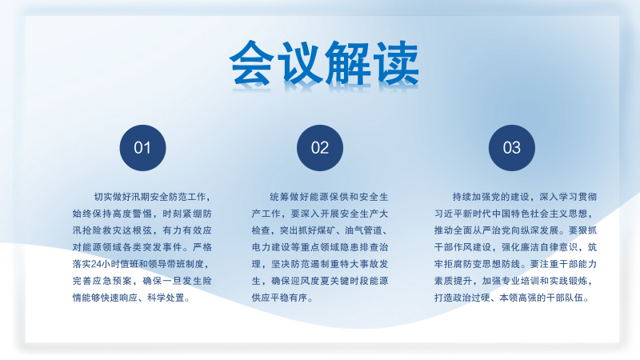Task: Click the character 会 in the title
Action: [252, 63]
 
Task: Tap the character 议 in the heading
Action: [298, 63]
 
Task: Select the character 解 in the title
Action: [348, 63]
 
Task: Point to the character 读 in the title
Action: [396, 63]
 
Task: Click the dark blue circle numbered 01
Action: [142, 148]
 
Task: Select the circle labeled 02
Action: [319, 148]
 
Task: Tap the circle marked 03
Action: [511, 148]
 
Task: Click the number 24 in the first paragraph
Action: [96, 265]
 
